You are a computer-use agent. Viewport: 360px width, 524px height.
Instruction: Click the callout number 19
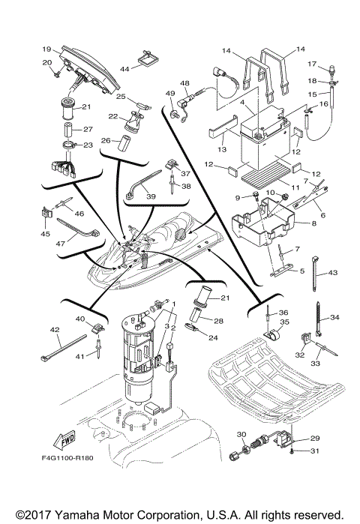pyautogui.click(x=46, y=47)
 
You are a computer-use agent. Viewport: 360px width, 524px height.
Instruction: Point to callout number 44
pyautogui.click(x=124, y=68)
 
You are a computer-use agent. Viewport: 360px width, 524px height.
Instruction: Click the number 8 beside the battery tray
pyautogui.click(x=324, y=223)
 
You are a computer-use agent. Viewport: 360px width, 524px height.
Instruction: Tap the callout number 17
pyautogui.click(x=333, y=64)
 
